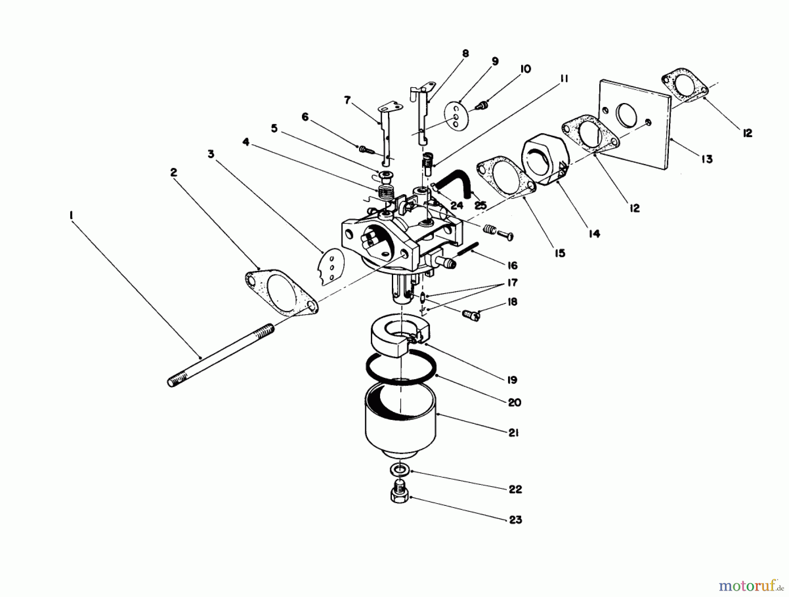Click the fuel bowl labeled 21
(x=400, y=421)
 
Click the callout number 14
(x=594, y=234)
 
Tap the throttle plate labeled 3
(x=331, y=267)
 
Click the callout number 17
(x=512, y=283)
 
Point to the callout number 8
(x=465, y=53)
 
